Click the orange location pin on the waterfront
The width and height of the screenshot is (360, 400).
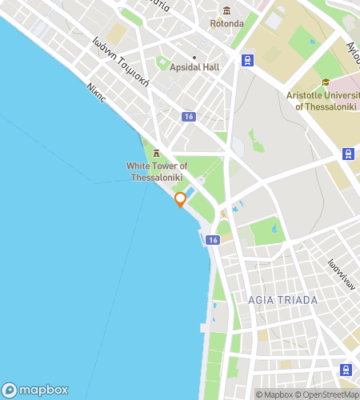181,199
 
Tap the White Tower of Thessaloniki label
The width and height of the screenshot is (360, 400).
155,171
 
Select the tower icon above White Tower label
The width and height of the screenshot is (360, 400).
156,152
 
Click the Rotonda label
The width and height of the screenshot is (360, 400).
226,23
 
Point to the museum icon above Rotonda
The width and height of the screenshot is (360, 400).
226,10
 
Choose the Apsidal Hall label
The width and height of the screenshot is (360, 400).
194,67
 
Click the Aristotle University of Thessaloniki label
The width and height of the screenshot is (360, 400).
325,100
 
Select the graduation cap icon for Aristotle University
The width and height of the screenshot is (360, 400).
326,82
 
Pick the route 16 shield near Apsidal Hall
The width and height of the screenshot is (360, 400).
188,117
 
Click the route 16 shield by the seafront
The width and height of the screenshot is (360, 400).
211,240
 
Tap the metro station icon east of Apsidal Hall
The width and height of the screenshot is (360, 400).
247,59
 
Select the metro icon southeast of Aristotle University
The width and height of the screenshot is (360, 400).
349,154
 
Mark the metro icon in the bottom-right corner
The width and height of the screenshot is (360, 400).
346,370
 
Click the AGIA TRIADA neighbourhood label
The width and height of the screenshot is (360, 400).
282,300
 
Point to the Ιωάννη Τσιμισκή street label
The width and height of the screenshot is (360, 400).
120,58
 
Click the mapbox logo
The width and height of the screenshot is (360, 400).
36,390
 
